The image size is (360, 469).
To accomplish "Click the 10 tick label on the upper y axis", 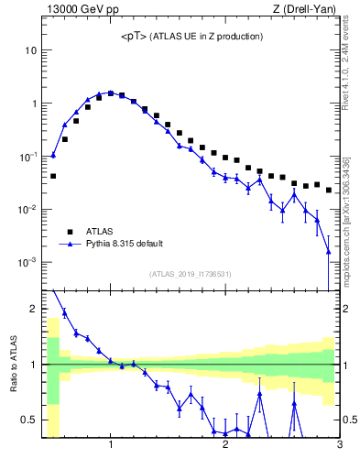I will click(x=30, y=50).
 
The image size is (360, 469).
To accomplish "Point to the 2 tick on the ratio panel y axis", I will click(x=33, y=309).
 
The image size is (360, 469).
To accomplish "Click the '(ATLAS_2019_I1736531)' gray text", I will click(x=191, y=274).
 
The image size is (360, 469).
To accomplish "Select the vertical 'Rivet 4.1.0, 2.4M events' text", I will click(x=351, y=55).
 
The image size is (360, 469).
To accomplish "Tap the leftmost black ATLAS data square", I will click(x=53, y=176).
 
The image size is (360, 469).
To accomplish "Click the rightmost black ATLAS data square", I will click(x=329, y=190).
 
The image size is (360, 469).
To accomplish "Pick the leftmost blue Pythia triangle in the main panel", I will click(x=53, y=155).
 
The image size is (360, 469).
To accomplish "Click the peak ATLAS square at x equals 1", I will click(x=111, y=93).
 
